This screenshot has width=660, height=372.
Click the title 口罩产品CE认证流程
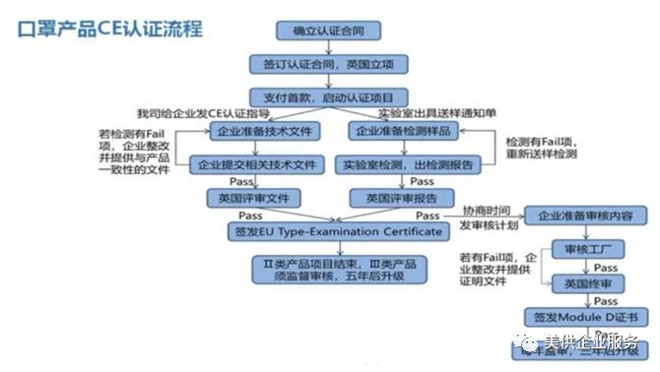(110, 29)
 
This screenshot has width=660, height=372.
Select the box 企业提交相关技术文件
(256, 164)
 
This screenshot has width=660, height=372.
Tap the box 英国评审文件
(253, 198)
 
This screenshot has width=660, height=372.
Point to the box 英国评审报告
(393, 198)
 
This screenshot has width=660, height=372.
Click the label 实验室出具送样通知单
(434, 114)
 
